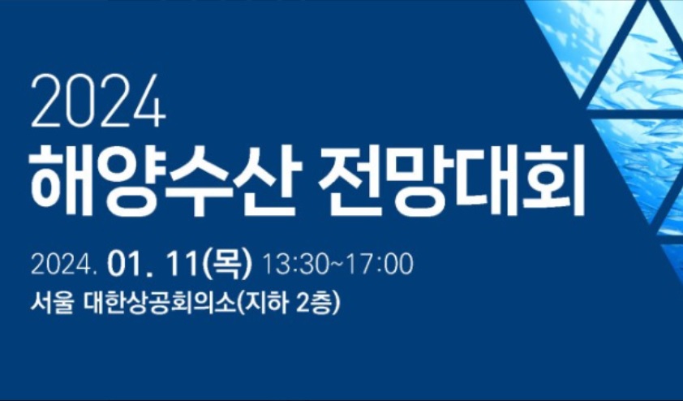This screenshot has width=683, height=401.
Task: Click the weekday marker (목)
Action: pyautogui.click(x=226, y=264)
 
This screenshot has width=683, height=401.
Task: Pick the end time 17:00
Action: pyautogui.click(x=380, y=264)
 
